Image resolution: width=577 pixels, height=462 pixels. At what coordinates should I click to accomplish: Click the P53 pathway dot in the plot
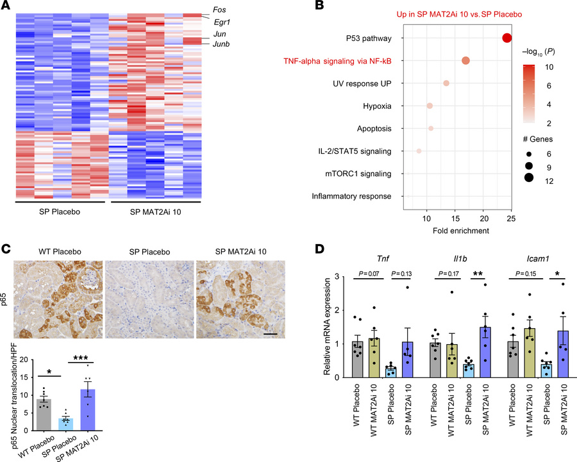pyautogui.click(x=507, y=38)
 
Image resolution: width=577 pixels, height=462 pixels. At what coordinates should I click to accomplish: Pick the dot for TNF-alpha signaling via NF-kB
pyautogui.click(x=465, y=61)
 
